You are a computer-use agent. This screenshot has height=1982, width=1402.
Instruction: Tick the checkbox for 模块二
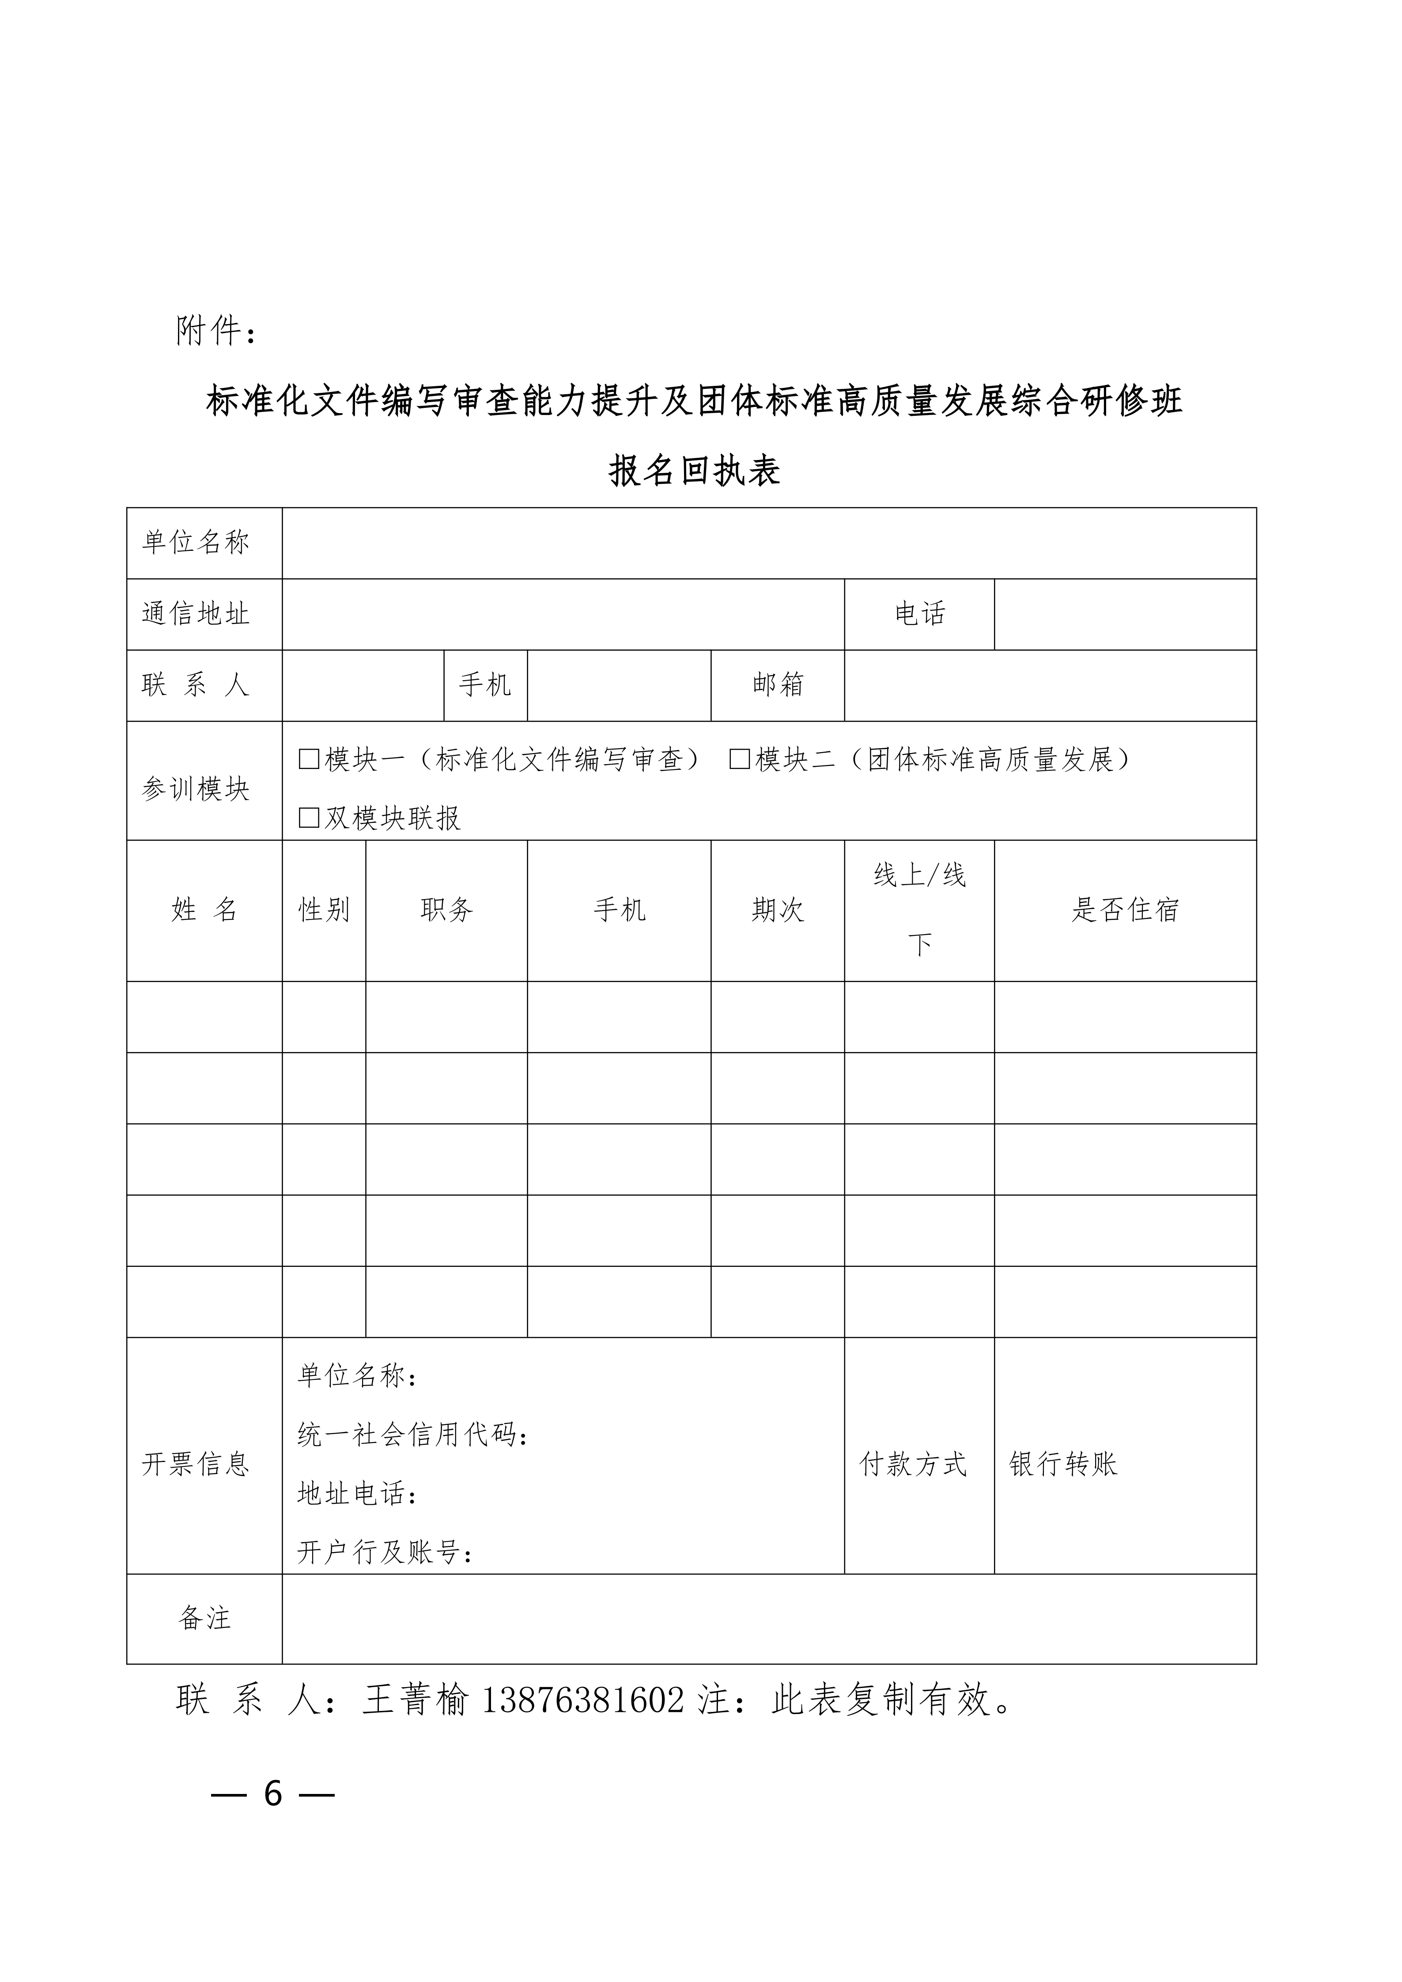click(x=739, y=760)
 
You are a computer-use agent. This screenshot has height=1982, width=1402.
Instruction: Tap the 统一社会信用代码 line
click(x=413, y=1435)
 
